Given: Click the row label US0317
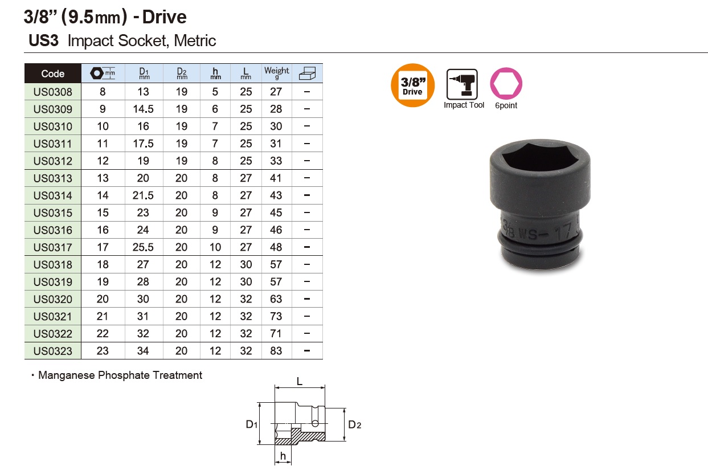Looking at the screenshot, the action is point(53,247).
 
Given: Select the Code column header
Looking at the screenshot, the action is point(53,73).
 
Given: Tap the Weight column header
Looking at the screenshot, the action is point(277,72).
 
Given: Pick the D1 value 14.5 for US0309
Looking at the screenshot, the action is point(143,109).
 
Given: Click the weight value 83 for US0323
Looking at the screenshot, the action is point(276,351).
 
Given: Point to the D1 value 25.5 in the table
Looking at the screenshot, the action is point(143,247).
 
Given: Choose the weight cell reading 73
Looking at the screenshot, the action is point(276,316).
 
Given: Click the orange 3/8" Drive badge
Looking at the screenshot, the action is point(412,85).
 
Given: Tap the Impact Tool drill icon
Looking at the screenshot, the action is point(462,84).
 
